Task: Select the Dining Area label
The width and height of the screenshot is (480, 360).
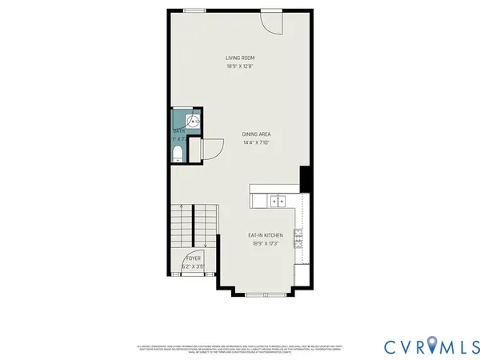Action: [x=261, y=134]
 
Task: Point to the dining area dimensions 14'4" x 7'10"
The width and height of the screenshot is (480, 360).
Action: [x=261, y=143]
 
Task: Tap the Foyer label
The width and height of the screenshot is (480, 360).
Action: [x=194, y=258]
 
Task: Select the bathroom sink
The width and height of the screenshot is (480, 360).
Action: [x=181, y=121]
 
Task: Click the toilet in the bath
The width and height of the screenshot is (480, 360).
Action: [x=178, y=153]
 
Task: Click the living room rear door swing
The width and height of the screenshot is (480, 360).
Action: [x=273, y=22]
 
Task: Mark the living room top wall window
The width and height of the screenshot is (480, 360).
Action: [x=194, y=10]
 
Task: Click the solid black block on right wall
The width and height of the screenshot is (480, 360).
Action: [x=305, y=178]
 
